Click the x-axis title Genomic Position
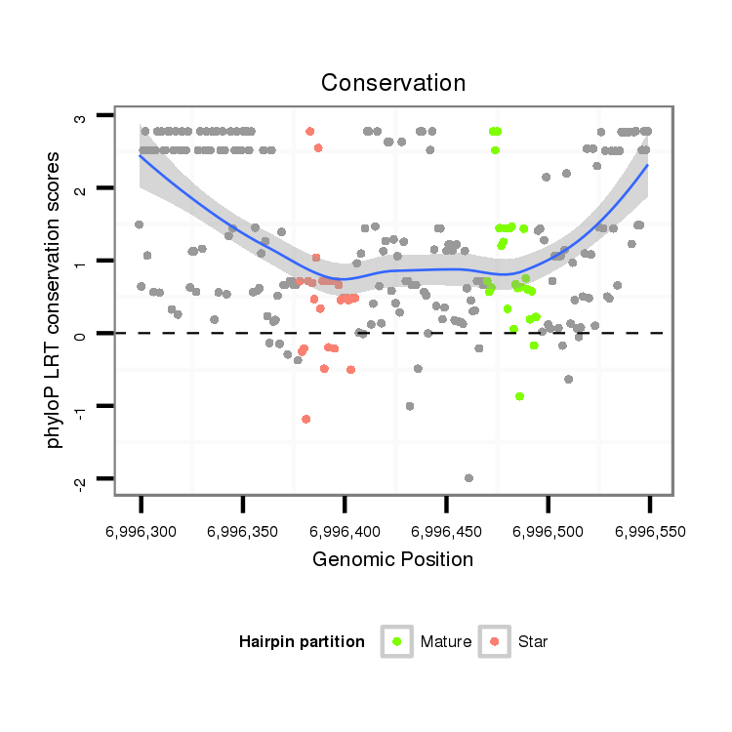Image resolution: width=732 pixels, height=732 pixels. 393,560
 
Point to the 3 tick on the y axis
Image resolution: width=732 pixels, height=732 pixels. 82,117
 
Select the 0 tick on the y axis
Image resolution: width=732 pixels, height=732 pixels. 82,334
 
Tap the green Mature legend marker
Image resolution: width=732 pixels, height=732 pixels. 397,641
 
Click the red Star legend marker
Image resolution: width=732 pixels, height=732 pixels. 495,641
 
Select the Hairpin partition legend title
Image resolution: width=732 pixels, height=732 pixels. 302,642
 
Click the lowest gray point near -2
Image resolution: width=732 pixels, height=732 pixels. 469,477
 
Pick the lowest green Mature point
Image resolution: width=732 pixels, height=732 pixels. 520,396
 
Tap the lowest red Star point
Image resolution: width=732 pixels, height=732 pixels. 306,419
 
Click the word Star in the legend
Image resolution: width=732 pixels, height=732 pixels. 533,642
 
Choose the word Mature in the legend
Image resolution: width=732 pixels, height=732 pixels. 446,642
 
